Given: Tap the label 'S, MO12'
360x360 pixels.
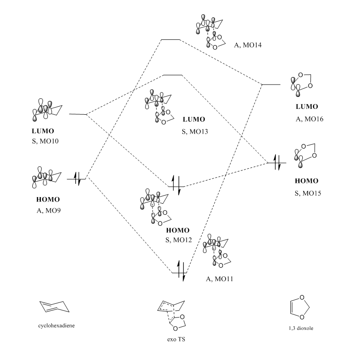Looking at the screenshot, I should pos(177,239).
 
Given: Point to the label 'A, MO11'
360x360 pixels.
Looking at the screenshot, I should pos(220,279).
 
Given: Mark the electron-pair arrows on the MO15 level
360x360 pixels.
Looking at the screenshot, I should pos(277,163).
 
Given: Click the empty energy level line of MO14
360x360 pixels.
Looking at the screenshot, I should pos(170,39).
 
